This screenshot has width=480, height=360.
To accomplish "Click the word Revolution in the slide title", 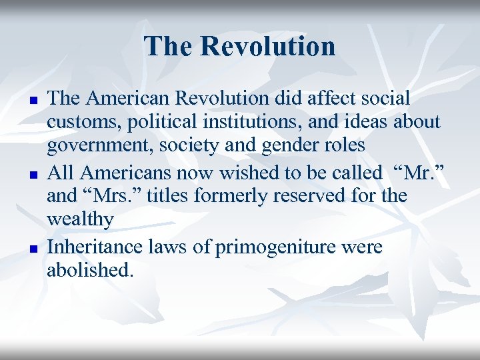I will tap(268, 47).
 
